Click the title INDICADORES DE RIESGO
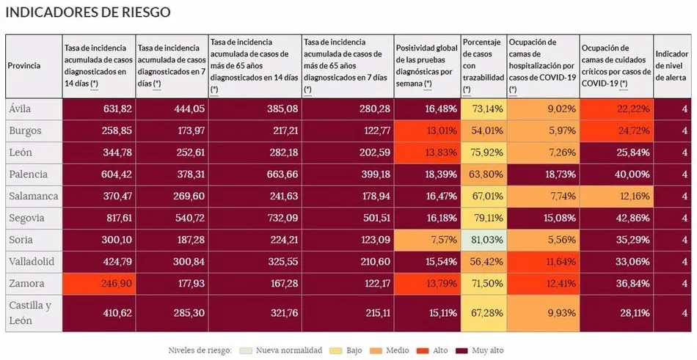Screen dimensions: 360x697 (x=89, y=12)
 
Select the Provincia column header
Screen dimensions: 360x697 (x=24, y=65)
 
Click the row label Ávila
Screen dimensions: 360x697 (x=20, y=109)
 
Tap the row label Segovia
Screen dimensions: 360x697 (x=26, y=218)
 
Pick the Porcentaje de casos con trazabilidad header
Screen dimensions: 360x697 (x=483, y=65)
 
